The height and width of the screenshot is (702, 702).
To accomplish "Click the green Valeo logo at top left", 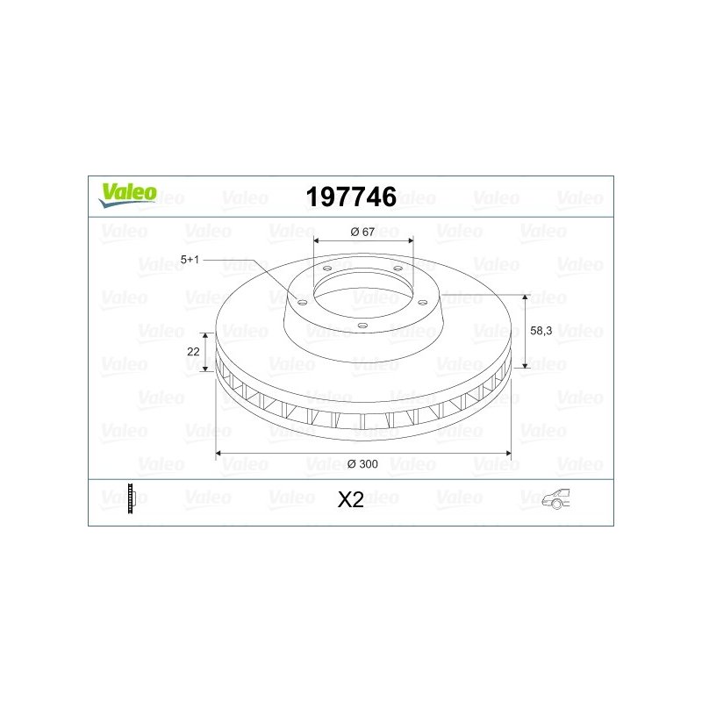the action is coord(127,196).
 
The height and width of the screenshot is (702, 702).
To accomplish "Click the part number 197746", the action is coord(351,197).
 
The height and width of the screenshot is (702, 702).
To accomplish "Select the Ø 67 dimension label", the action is coord(362,232).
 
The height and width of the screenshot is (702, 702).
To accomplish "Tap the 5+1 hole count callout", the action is coord(190,260).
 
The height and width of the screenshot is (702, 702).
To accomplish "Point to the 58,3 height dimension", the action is coord(541,331).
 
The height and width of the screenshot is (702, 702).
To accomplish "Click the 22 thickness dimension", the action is coord(193,352).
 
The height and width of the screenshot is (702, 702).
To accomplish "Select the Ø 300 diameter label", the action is coord(362,464).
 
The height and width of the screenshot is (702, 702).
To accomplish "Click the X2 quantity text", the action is coord(350,499).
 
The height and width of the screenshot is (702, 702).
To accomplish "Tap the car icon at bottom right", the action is coord(556,498).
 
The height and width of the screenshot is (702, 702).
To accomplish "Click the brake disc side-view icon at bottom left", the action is coord(131,498).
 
